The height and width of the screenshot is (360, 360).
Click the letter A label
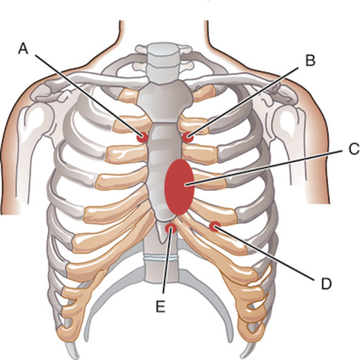coord(23,49)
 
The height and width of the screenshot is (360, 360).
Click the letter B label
coord(310,60)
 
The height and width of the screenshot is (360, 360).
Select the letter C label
coord(354,149)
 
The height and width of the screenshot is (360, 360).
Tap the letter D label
coord(326,283)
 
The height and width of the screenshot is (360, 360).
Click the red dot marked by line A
coord(142,137)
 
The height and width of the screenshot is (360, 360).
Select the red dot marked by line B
coord(188,137)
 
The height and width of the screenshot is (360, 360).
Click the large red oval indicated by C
coord(179,187)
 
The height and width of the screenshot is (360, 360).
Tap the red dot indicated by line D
coord(214,226)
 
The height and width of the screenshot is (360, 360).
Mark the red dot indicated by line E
coord(171,228)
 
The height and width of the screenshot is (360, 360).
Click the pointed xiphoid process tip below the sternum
coord(162,242)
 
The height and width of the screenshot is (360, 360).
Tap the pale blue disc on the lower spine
coord(161,258)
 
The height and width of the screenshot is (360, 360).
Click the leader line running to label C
coord(264,168)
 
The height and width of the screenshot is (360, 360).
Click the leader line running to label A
coord(89,96)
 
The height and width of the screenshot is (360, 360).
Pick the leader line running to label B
coord(243,101)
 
